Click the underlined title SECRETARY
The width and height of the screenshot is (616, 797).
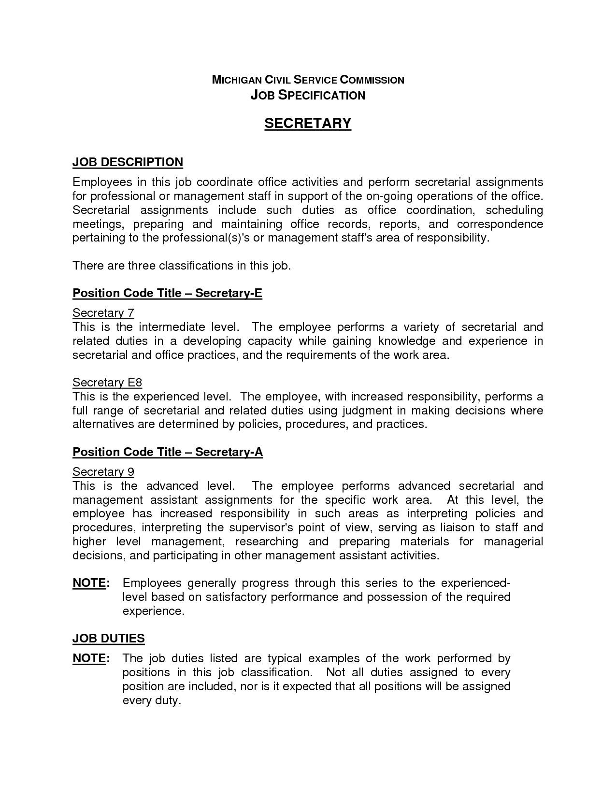[x=308, y=124]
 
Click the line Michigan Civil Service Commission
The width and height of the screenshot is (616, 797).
[x=308, y=80]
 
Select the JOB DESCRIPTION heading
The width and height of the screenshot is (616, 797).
[x=128, y=162]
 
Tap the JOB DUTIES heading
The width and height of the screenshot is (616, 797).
[x=108, y=638]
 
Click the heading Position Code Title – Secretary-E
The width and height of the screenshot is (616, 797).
[x=167, y=293]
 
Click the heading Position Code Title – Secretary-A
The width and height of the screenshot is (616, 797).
[x=167, y=452]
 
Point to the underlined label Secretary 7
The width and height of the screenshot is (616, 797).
[x=103, y=313]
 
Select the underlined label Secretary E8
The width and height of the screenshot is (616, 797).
[x=107, y=383]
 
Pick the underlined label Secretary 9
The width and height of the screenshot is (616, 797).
[x=103, y=472]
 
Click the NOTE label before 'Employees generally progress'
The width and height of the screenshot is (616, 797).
[x=91, y=583]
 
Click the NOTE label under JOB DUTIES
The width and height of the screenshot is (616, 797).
[x=91, y=658]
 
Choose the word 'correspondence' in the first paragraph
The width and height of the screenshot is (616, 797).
[x=500, y=224]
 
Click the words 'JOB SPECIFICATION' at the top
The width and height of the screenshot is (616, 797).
[x=308, y=95]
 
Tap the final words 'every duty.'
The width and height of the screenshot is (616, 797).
[x=151, y=700]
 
